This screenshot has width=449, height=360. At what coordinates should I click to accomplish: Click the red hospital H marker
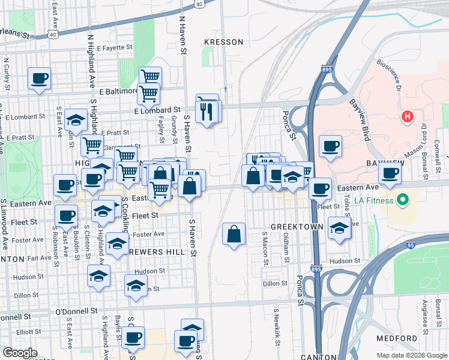pos(408,116)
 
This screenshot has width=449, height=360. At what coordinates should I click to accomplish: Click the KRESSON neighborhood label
pos(223,42)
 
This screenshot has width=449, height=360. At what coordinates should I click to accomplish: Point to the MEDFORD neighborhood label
pos(397,338)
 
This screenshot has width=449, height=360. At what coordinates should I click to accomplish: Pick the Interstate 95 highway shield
pos(411,245)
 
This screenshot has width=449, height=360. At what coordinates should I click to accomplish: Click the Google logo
pos(19,353)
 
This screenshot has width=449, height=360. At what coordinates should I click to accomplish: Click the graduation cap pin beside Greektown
pos(340,229)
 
